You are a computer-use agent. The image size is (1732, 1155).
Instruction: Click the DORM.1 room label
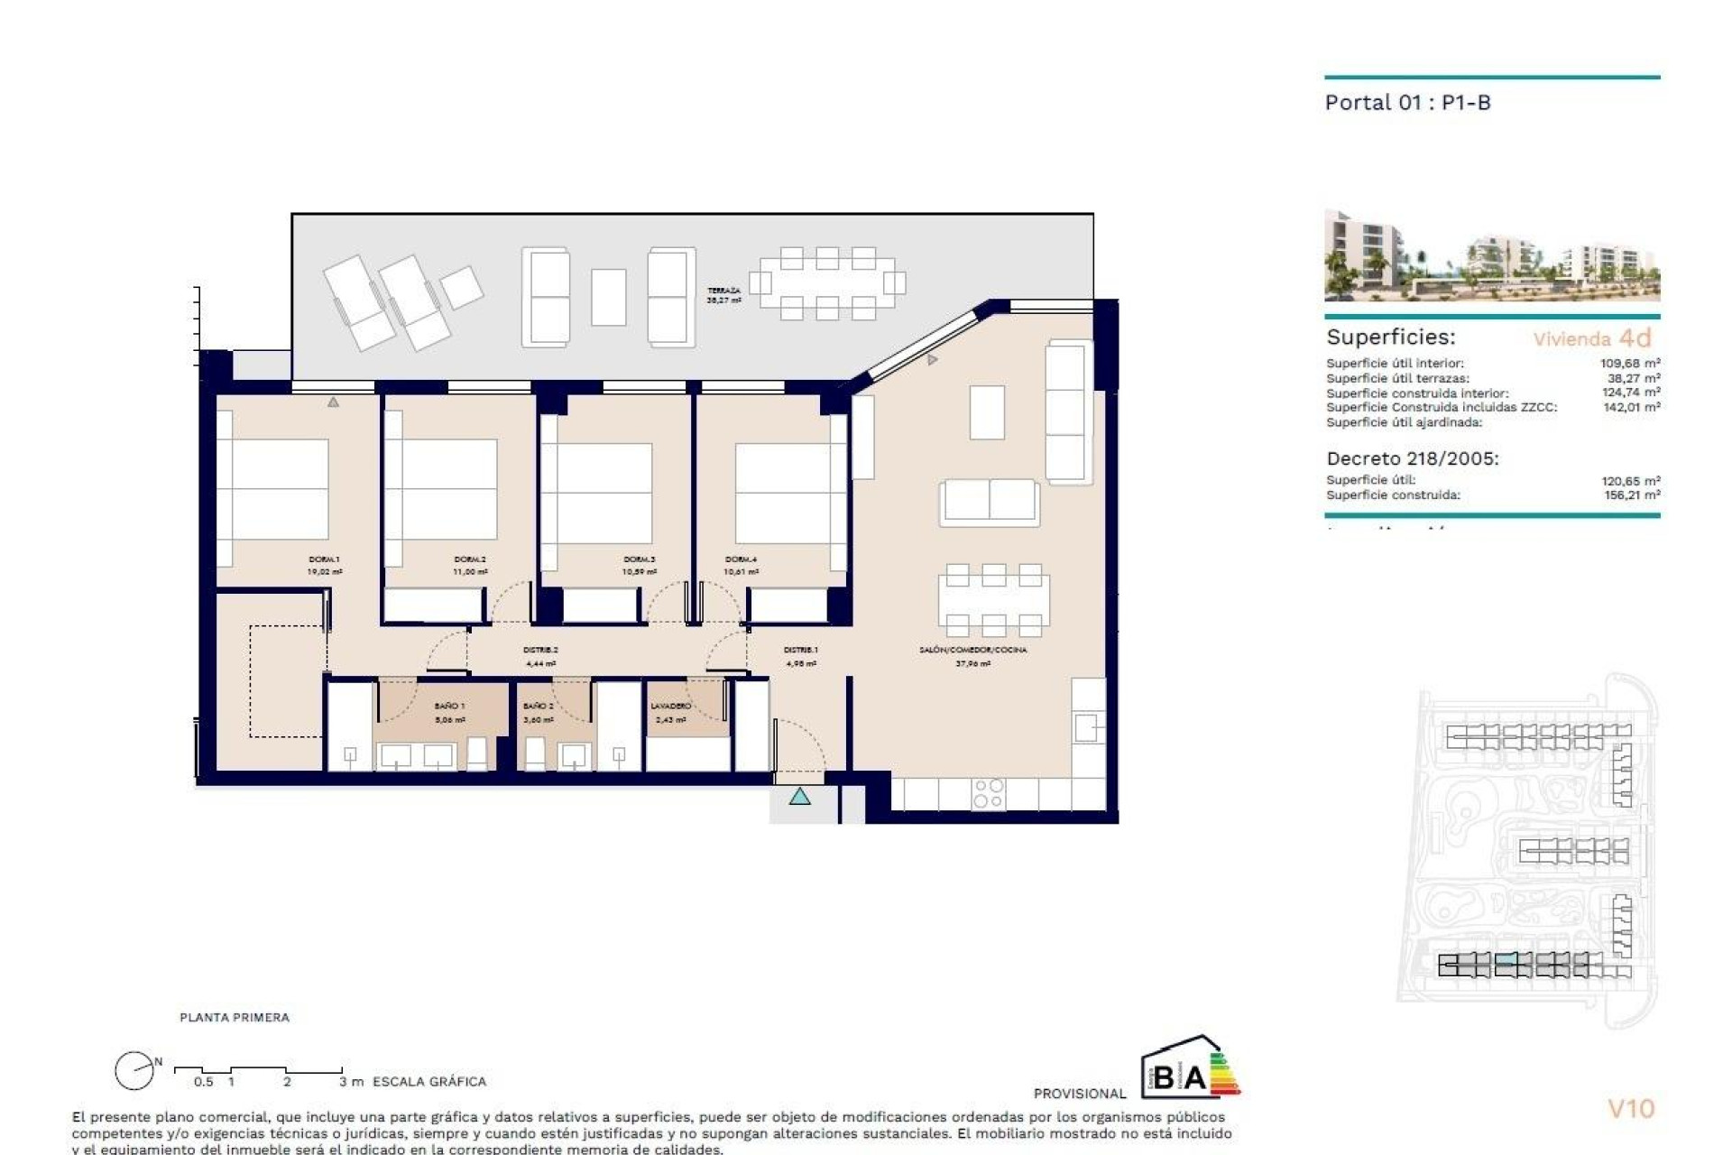coord(324,559)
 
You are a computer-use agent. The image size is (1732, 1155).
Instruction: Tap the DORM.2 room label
coord(470,559)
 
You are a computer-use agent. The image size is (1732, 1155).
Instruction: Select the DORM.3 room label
coord(639,559)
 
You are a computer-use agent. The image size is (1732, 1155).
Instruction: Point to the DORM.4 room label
coord(741,559)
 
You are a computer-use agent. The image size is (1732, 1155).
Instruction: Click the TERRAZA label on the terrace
coord(723,291)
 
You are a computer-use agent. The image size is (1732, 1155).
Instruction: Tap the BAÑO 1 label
coord(449,706)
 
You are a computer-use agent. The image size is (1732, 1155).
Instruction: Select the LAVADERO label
coord(670,706)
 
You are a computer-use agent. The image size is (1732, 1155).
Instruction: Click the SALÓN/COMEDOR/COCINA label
coord(972,650)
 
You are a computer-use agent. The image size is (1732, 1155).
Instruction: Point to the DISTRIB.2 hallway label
coord(540,650)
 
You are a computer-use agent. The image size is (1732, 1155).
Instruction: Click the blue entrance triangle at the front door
coord(799,797)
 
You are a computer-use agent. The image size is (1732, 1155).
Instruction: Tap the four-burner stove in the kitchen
coord(988,793)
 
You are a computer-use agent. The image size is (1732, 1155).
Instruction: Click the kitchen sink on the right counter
coord(1088,726)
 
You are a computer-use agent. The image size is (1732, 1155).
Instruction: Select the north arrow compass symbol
coord(134,1071)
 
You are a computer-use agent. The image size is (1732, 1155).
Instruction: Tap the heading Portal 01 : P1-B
coord(1407,103)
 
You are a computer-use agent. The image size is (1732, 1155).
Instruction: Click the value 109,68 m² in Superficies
coord(1630,364)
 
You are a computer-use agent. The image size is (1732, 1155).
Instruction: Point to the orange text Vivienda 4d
coord(1592,338)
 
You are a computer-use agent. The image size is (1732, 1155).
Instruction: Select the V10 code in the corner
coord(1631,1108)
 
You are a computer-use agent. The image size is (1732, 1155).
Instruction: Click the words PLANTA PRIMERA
coord(235,1017)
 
